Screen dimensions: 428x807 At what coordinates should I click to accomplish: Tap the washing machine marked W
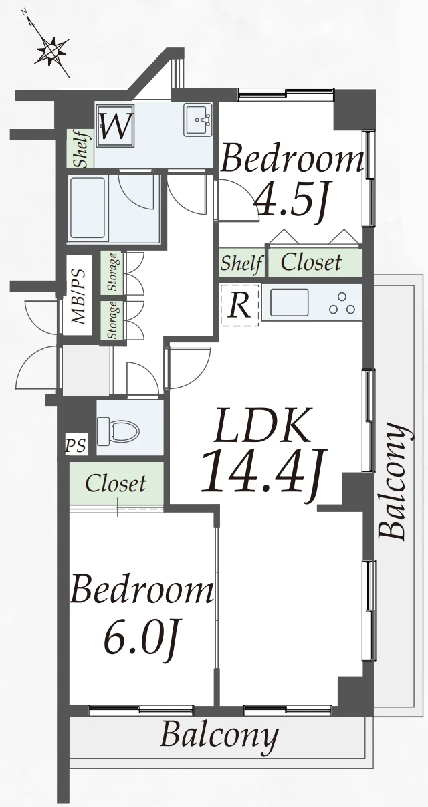point(115,126)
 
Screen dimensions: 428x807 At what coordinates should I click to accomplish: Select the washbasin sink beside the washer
point(198,120)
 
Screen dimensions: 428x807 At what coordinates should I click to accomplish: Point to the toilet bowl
point(118,430)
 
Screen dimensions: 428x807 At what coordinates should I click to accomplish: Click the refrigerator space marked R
point(239,305)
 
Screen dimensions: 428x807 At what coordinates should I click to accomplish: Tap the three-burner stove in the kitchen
point(342,304)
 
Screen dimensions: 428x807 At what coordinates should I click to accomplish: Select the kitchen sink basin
point(290,303)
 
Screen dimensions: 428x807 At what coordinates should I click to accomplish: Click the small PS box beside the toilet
point(76,446)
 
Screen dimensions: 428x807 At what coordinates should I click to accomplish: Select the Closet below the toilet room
point(116,483)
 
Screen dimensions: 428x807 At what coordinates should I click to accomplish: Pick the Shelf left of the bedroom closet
point(241,263)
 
